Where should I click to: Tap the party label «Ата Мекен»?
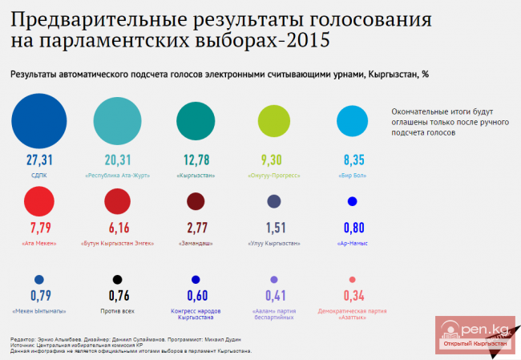(39, 242)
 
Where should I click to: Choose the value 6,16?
(117, 229)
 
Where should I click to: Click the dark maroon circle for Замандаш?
(196, 201)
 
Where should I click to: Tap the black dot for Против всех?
(117, 279)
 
